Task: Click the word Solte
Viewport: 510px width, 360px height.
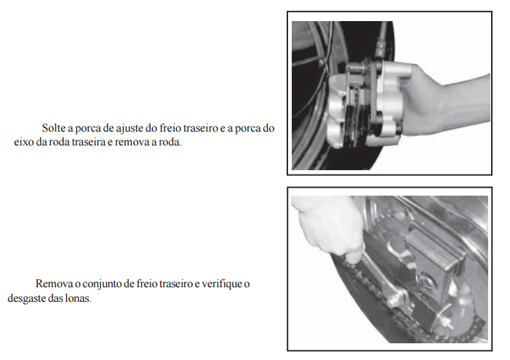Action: pyautogui.click(x=53, y=128)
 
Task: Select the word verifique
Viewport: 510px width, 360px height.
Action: pyautogui.click(x=222, y=284)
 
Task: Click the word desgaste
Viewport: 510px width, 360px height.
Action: pyautogui.click(x=27, y=298)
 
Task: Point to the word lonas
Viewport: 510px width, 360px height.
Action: pyautogui.click(x=80, y=298)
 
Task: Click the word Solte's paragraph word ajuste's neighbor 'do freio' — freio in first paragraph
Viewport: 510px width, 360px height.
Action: pyautogui.click(x=170, y=128)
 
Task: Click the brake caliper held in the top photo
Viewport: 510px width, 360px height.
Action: pyautogui.click(x=365, y=103)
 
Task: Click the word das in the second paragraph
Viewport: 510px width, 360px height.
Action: pyautogui.click(x=57, y=298)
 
